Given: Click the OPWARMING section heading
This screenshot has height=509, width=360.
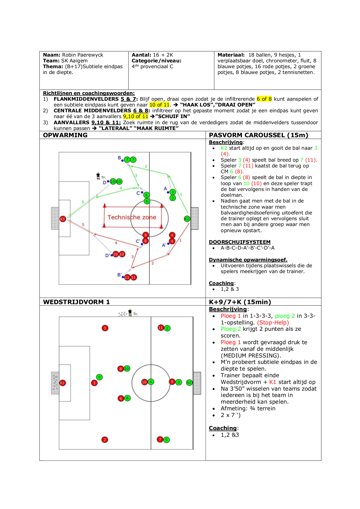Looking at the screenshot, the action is pos(65,135).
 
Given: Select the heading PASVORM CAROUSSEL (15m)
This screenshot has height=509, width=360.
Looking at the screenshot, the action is pos(258,135).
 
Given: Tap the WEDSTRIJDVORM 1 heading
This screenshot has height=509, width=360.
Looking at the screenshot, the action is pos(76,302).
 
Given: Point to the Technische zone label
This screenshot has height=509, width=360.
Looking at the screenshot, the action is pos(132,217).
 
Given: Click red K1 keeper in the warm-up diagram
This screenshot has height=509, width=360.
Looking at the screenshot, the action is pos(63,219).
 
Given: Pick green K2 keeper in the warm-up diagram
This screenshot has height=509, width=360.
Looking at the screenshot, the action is pos(187,219).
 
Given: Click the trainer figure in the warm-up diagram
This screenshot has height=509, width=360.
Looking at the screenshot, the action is pos(98,176).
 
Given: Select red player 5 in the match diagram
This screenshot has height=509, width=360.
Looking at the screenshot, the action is pos(105,328).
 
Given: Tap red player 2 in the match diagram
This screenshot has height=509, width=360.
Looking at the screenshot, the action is pos(105,440).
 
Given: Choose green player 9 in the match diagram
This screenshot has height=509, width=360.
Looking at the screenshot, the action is pos(99,377).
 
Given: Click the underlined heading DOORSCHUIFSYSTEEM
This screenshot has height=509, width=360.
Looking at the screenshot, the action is pos(240,242).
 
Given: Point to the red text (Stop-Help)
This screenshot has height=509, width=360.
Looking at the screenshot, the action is pos(273,322).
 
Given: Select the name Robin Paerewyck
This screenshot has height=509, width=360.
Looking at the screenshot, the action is pos(83,55).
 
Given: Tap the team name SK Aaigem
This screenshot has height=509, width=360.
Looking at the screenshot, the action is pos(74,61).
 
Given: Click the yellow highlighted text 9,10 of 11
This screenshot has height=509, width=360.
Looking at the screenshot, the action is pos(136,116).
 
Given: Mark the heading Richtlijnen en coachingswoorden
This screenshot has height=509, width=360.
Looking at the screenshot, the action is pos(89,93).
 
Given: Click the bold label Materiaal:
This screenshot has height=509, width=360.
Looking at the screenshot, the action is pos(231,55).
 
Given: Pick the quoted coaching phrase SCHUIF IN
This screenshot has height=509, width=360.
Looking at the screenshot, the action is pos(173,116).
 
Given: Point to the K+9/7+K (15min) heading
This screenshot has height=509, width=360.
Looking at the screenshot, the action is pos(240,302).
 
